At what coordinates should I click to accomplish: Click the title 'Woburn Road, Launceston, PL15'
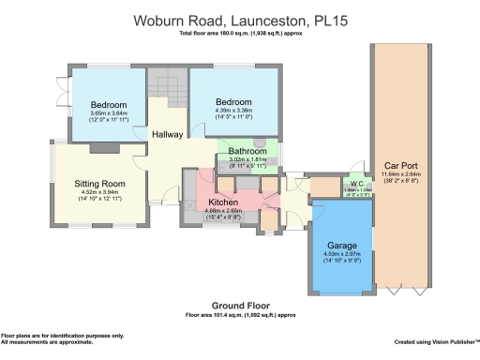(239, 19)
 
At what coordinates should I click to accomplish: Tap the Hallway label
(169, 135)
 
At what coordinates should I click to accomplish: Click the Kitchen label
(223, 202)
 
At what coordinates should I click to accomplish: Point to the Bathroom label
(247, 150)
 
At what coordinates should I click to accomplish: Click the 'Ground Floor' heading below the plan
(239, 306)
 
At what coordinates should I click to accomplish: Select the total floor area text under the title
(239, 34)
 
